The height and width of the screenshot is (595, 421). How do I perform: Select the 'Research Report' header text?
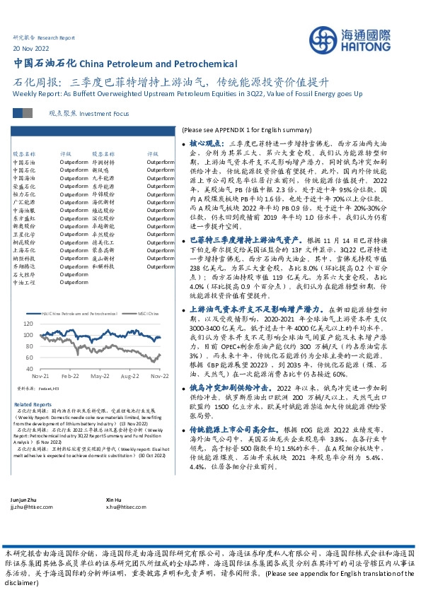[56, 37]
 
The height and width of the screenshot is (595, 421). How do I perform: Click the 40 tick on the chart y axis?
[29, 368]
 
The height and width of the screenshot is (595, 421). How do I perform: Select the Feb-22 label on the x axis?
[70, 377]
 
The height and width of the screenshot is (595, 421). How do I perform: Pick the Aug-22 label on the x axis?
[129, 377]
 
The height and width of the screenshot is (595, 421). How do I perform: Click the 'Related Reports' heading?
[33, 404]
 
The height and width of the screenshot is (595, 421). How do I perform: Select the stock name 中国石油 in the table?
[23, 162]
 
